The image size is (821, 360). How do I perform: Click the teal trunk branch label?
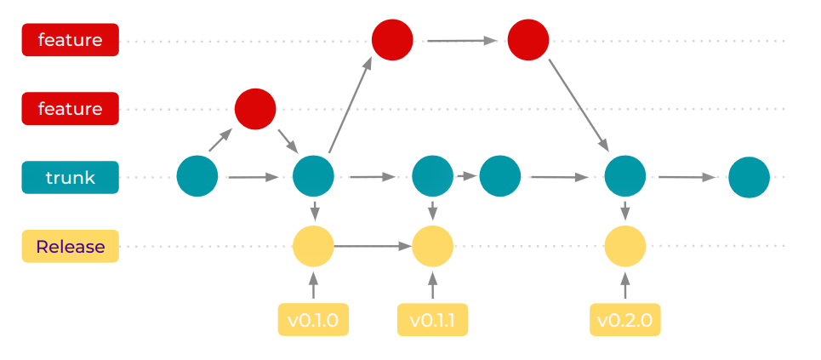point(70,178)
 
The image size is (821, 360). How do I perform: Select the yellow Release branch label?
point(70,247)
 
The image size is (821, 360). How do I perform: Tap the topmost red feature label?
point(70,39)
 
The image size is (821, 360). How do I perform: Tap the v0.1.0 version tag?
point(313,320)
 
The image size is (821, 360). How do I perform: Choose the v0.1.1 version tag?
point(432,320)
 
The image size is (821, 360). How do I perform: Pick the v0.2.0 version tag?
point(625,320)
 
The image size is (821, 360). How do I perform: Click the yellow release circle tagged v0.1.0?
point(313,247)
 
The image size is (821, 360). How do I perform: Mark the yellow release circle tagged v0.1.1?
point(432,247)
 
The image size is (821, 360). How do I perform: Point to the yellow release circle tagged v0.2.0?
point(625,247)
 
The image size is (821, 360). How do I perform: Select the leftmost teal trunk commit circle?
point(197,177)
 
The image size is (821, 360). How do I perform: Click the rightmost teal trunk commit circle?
point(750,177)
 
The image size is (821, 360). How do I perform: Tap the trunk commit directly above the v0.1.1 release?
point(432,177)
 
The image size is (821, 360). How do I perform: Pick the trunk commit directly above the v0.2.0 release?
point(625,177)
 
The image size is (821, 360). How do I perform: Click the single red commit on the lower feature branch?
point(255,109)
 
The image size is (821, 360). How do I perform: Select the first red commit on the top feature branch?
point(392,39)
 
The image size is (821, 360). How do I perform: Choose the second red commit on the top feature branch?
point(528,39)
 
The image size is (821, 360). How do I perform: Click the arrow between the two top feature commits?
point(461,39)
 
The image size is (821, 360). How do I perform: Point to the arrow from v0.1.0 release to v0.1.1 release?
point(373,247)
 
